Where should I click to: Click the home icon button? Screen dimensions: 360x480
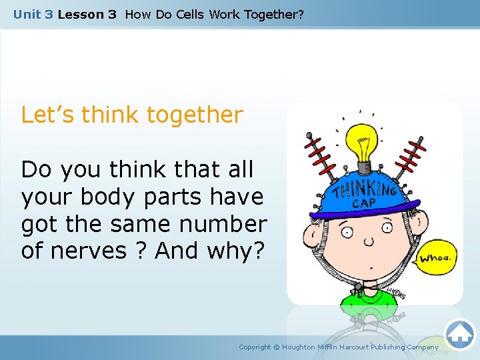(460, 334)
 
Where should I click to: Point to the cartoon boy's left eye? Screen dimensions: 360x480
(347, 233)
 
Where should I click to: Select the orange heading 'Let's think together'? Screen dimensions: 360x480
(132, 115)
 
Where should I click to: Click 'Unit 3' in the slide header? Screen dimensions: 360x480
(33, 14)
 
